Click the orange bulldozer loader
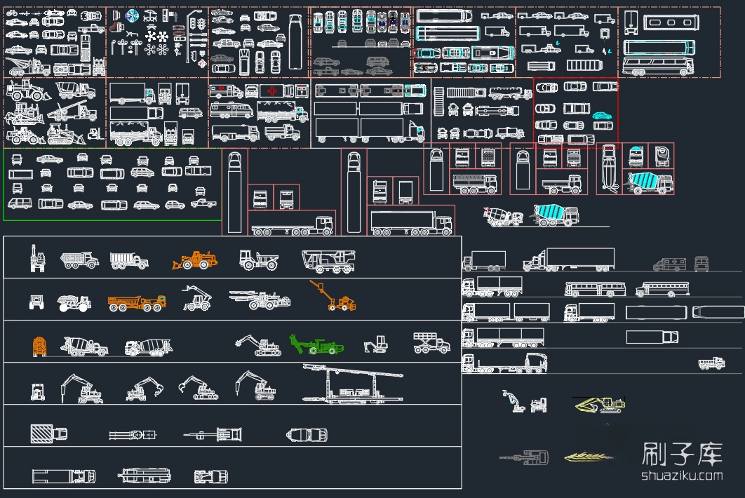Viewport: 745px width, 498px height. click(x=195, y=260)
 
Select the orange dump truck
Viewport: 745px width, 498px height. click(x=137, y=303)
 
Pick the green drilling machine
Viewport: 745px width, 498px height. click(x=316, y=344)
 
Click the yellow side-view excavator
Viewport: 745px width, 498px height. click(x=599, y=404)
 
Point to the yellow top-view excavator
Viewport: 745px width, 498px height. click(x=587, y=457)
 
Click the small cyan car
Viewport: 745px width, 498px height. click(x=601, y=116)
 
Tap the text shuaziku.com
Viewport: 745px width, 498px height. click(x=681, y=476)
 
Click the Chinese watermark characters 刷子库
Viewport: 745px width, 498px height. click(x=681, y=455)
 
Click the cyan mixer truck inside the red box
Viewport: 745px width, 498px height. click(x=649, y=182)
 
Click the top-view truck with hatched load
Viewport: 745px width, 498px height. click(x=48, y=434)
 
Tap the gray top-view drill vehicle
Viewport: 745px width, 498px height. click(x=523, y=458)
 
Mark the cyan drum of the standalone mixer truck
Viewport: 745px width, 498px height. click(x=549, y=211)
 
